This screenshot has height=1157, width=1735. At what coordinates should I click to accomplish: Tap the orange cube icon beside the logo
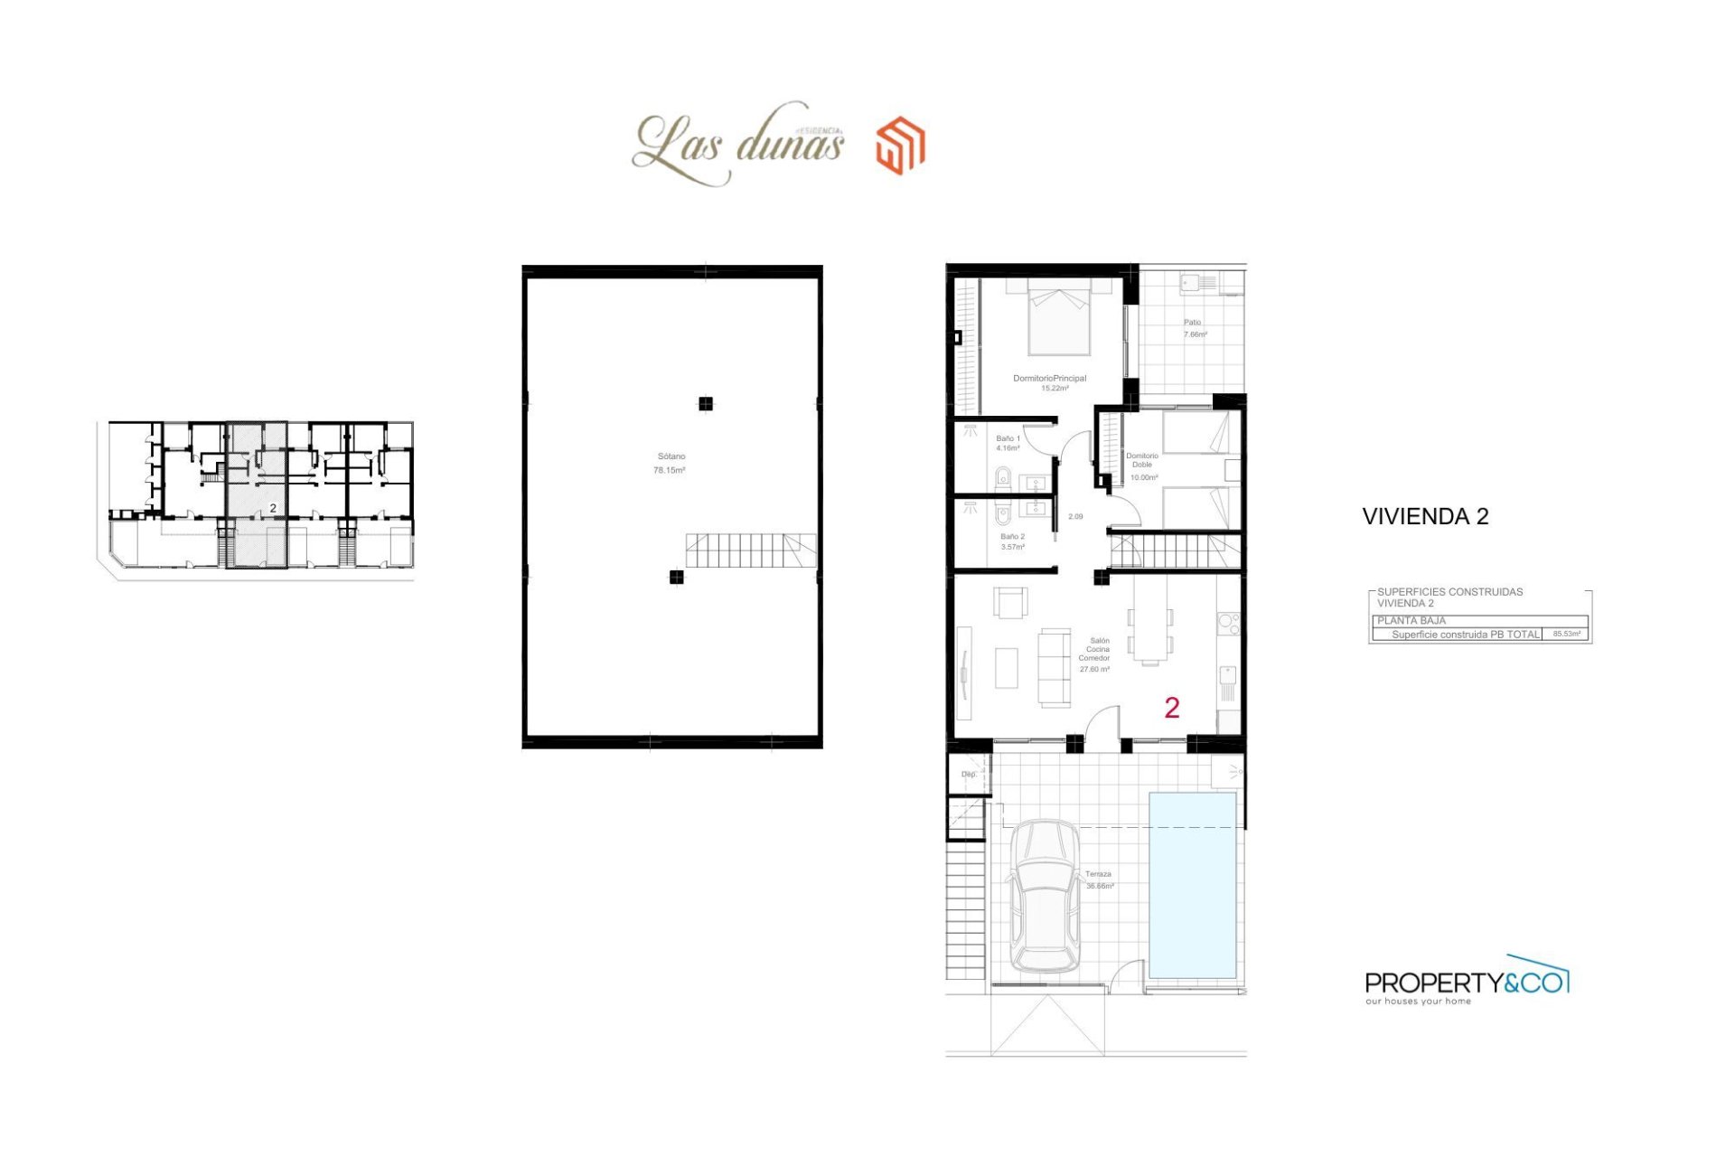tap(900, 145)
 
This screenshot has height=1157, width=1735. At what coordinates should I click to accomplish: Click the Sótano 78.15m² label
tap(670, 464)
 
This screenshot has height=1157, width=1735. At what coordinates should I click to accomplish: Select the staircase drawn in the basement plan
tap(750, 550)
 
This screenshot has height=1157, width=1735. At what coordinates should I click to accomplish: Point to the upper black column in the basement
tap(706, 404)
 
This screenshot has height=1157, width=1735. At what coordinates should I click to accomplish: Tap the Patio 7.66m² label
tap(1195, 328)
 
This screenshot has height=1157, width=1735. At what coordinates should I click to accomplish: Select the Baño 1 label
tap(1008, 443)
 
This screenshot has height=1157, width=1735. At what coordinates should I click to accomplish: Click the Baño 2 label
tap(1012, 541)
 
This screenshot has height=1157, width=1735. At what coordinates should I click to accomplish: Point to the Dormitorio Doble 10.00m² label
tap(1143, 466)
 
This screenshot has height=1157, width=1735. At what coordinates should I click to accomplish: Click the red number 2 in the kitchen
tap(1172, 708)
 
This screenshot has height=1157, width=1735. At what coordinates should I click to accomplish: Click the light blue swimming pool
tap(1193, 885)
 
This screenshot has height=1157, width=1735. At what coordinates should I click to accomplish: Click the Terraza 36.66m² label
tap(1100, 880)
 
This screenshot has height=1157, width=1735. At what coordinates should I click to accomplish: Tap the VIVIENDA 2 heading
tap(1425, 516)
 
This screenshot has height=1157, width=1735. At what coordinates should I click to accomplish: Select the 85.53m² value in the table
tap(1566, 634)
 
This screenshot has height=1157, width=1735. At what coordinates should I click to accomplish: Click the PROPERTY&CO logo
tap(1466, 981)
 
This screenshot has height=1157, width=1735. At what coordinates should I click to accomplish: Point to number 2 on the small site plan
tap(273, 509)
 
